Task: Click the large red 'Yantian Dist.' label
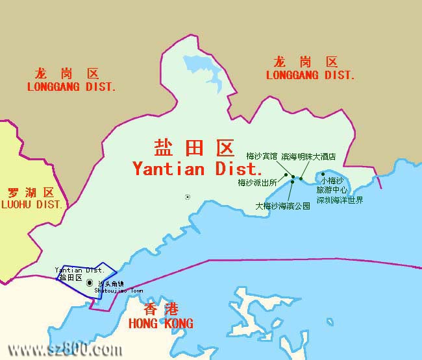197,169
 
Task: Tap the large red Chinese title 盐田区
193,149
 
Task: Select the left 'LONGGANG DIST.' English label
71,87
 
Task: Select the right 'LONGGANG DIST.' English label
311,75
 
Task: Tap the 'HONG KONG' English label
161,324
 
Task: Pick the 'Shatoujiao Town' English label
119,291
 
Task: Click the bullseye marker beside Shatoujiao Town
90,283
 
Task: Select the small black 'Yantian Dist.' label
79,270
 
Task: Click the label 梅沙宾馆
262,156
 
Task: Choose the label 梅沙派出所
257,183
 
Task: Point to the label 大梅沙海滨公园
282,207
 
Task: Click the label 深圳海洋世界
340,200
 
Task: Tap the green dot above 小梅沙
323,174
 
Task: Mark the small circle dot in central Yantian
188,197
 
